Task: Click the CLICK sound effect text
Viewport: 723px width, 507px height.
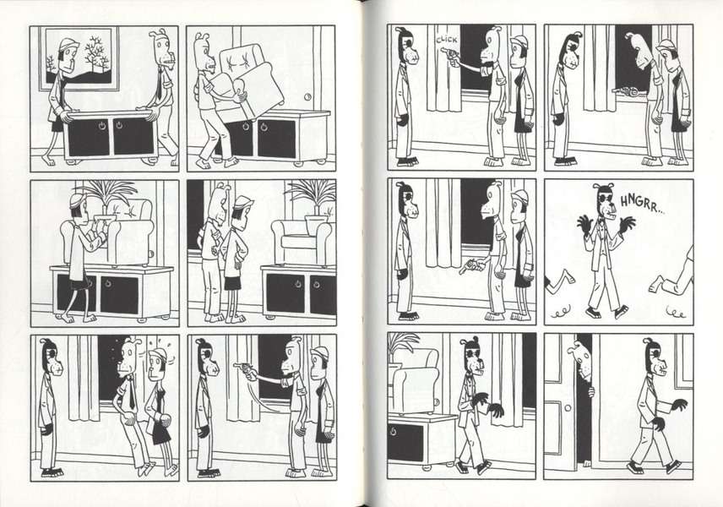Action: [447, 40]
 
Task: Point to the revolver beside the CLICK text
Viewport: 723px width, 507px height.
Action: [449, 55]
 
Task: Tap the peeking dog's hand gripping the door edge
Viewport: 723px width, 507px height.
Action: [591, 392]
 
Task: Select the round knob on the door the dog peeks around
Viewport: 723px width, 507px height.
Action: [567, 408]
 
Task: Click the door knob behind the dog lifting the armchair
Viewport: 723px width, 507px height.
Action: [308, 97]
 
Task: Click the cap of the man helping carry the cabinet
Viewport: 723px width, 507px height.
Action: [68, 44]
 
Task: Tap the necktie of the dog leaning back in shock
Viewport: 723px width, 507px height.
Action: [132, 391]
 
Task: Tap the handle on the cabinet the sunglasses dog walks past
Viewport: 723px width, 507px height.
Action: [393, 433]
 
